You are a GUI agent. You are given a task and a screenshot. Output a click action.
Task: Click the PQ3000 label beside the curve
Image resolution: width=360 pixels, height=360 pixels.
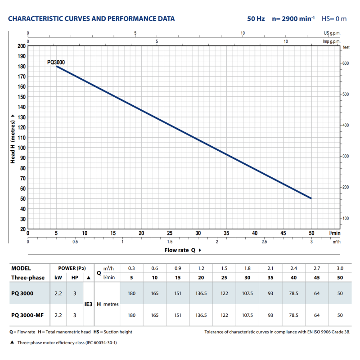tap(56, 63)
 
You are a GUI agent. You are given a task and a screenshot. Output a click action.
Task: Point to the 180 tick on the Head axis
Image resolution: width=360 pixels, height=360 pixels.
tap(21, 67)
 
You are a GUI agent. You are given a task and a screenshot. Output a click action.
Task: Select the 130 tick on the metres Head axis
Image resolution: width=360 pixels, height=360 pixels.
tap(21, 117)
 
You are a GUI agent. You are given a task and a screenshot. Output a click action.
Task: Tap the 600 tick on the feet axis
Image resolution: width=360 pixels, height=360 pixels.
tap(346, 63)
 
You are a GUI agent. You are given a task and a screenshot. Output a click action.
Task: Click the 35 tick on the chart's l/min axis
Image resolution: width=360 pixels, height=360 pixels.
tap(226, 233)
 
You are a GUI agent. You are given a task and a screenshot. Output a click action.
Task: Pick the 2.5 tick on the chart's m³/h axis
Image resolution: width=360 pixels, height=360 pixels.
tap(264, 242)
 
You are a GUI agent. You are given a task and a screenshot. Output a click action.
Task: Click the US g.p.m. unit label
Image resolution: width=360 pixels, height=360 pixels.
tap(332, 33)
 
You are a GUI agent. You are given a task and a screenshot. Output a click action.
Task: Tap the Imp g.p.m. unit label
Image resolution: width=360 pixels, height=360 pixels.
tap(332, 41)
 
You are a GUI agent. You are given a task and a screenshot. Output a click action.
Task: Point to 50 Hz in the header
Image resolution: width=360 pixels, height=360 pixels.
tap(256, 19)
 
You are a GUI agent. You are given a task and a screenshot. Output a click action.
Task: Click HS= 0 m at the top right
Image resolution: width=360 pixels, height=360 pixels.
tap(334, 19)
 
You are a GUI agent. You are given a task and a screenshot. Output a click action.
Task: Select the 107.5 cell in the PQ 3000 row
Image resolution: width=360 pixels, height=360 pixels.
tap(247, 293)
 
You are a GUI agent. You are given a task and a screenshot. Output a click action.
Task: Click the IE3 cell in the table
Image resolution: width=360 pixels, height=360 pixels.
tap(89, 304)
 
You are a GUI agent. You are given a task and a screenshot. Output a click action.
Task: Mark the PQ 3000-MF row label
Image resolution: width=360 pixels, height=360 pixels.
tap(27, 315)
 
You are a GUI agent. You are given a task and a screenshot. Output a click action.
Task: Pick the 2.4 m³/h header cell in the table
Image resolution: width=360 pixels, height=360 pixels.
tap(293, 268)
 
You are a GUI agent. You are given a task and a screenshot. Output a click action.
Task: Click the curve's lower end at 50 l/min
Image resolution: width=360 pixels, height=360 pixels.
tap(311, 198)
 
